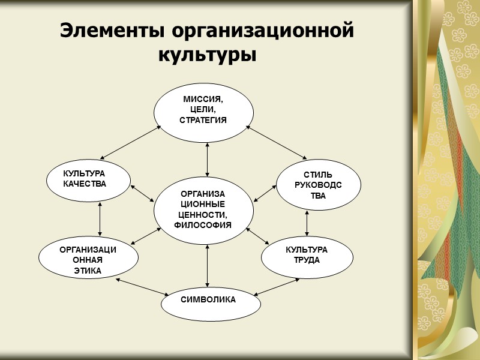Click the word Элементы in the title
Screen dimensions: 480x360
(x=111, y=31)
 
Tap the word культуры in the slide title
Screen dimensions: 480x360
(x=207, y=55)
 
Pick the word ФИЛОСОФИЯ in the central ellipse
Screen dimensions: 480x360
(x=203, y=226)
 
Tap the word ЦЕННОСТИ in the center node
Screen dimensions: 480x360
(x=203, y=215)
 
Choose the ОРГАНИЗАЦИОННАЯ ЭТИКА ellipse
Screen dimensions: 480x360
(x=88, y=260)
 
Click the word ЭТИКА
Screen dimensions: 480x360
(x=88, y=271)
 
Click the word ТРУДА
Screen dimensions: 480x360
(x=302, y=260)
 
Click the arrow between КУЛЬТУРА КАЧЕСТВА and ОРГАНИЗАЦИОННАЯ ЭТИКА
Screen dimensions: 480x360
(x=100, y=219)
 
